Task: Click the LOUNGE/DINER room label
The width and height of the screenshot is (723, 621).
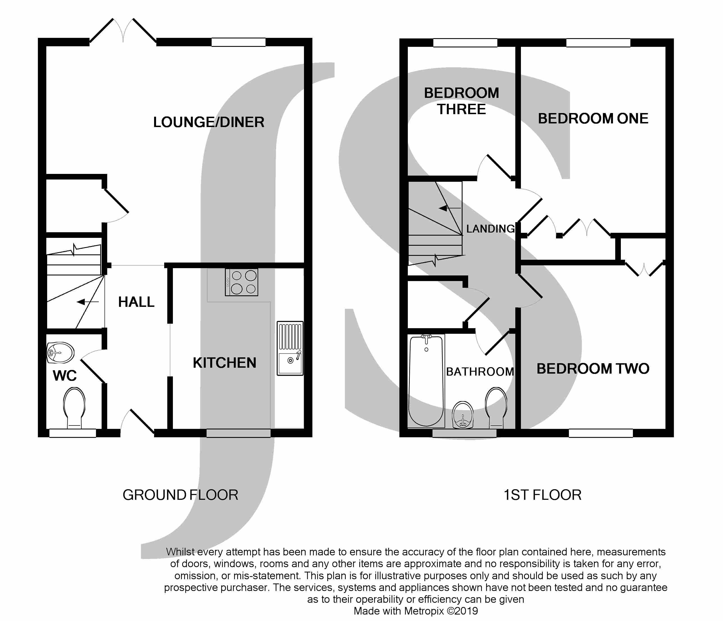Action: pyautogui.click(x=209, y=122)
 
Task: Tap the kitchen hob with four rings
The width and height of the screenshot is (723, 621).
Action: pyautogui.click(x=241, y=282)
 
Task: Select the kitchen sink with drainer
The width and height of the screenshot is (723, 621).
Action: pyautogui.click(x=290, y=348)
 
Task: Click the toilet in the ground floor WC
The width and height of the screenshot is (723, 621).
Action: pyautogui.click(x=74, y=408)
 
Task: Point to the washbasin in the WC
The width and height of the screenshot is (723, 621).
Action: pyautogui.click(x=60, y=353)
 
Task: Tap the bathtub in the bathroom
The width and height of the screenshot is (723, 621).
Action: pyautogui.click(x=426, y=381)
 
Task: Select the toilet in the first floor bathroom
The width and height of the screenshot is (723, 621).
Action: pyautogui.click(x=496, y=408)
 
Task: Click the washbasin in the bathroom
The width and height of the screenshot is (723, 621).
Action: pyautogui.click(x=463, y=415)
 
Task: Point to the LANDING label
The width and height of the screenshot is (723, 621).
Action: pyautogui.click(x=490, y=229)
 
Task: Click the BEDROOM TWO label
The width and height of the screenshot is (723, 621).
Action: pyautogui.click(x=593, y=369)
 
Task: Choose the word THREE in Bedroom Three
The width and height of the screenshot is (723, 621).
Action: pyautogui.click(x=461, y=109)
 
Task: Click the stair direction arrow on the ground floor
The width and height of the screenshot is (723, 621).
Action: pyautogui.click(x=88, y=302)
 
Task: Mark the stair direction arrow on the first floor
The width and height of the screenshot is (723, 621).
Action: pyautogui.click(x=450, y=208)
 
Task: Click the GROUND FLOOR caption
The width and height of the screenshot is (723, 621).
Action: pyautogui.click(x=180, y=495)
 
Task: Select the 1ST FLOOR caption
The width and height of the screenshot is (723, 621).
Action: pyautogui.click(x=543, y=495)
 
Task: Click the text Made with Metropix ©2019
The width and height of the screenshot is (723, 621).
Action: pyautogui.click(x=416, y=611)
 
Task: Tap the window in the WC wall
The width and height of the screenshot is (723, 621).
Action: pyautogui.click(x=73, y=433)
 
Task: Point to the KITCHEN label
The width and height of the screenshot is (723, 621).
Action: pyautogui.click(x=224, y=363)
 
